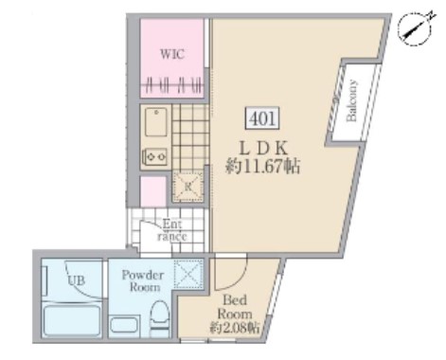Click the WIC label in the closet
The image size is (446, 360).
click(171, 54)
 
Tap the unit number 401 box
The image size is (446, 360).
click(261, 118)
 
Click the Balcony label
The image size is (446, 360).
click(351, 101)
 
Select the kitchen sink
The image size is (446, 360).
click(156, 122)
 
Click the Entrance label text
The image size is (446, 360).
click(172, 230)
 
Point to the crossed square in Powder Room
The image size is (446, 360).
click(188, 275)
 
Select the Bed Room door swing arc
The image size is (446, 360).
click(226, 275)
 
